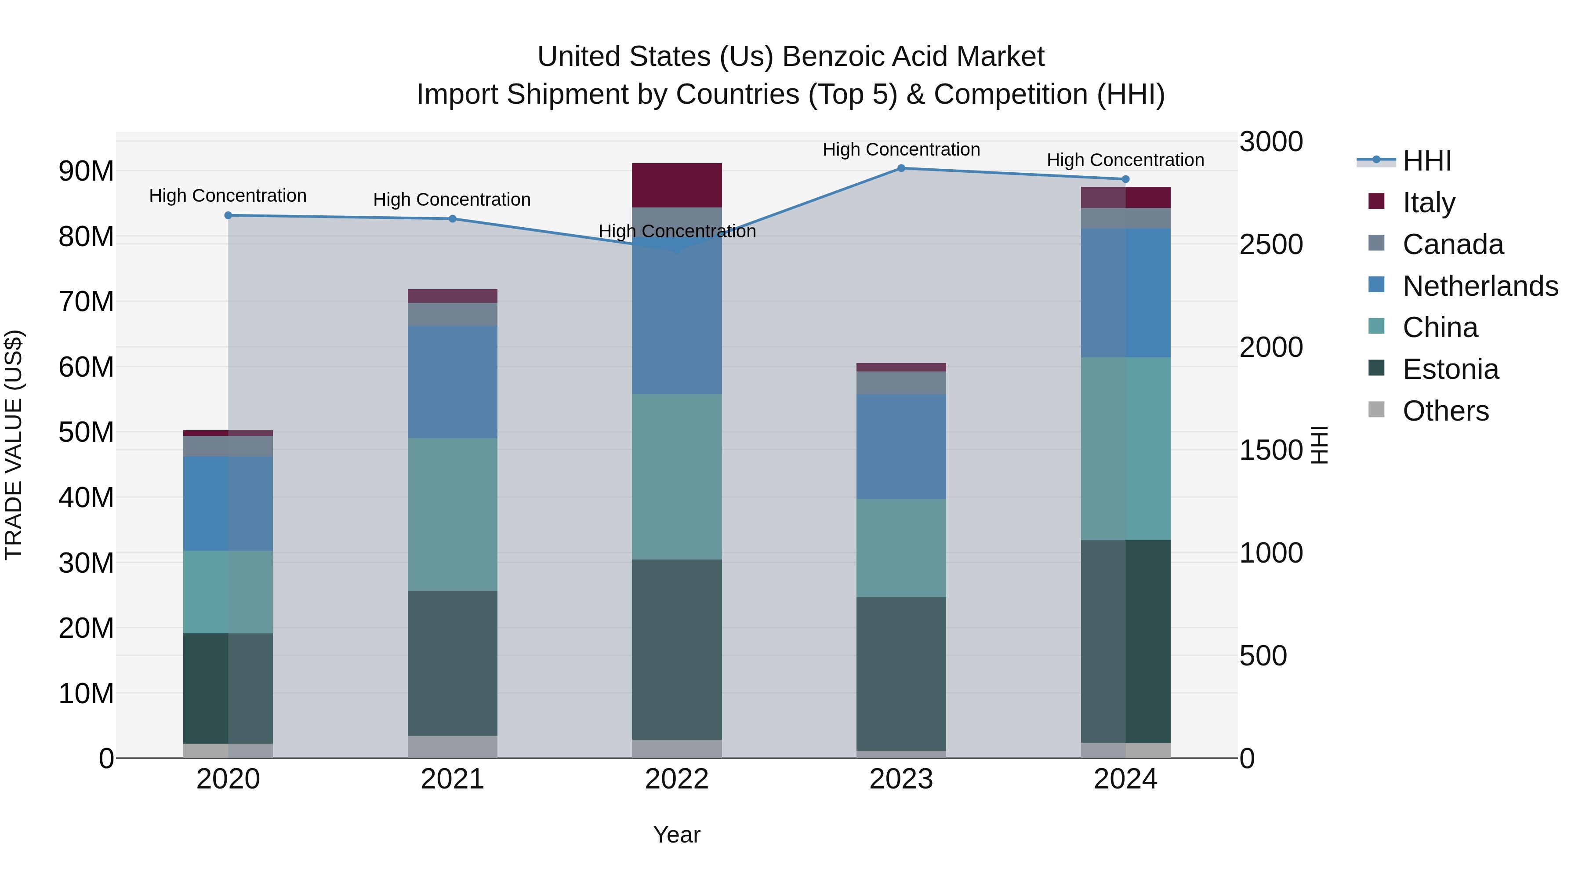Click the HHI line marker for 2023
tap(901, 168)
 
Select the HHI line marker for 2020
tap(228, 216)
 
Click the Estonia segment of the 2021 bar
tap(452, 663)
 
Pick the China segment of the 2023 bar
tap(901, 548)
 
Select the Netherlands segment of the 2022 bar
tap(677, 313)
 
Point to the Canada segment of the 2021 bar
tap(452, 315)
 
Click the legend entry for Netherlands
tap(1480, 286)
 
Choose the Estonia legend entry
tap(1451, 369)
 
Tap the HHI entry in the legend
tap(1426, 161)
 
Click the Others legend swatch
tap(1376, 410)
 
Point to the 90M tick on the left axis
tap(86, 171)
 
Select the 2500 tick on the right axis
tap(1270, 244)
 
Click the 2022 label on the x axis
tap(677, 779)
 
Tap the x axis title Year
tap(677, 835)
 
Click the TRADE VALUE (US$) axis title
tap(14, 445)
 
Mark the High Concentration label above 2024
tap(1125, 160)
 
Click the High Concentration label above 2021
tap(452, 200)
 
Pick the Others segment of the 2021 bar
tap(452, 747)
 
